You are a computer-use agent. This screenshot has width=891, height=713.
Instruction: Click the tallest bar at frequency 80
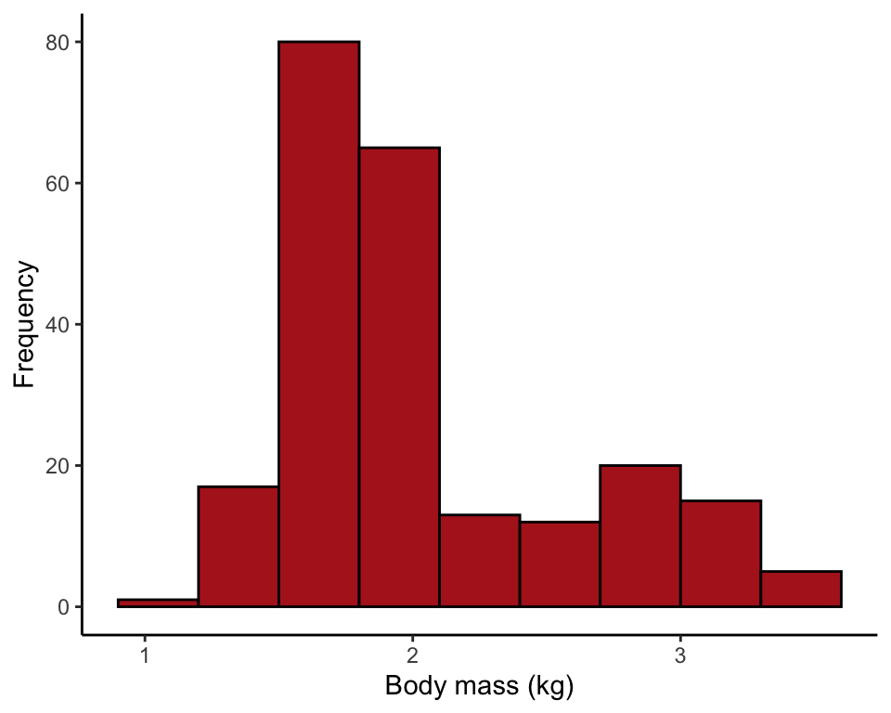318,324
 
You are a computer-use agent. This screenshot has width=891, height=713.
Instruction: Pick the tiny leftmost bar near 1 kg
158,603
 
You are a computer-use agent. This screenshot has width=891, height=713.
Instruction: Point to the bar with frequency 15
720,553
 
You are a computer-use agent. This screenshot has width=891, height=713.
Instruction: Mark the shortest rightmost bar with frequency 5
801,589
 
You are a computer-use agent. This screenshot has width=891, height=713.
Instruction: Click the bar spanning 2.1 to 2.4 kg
480,561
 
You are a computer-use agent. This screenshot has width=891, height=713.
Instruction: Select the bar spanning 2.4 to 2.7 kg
560,564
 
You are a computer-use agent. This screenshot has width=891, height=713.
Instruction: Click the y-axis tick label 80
58,43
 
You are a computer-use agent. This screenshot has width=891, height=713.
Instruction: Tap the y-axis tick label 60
58,184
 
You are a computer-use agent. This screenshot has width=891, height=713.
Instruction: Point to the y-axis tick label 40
58,325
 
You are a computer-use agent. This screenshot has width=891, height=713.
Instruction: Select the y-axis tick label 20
58,466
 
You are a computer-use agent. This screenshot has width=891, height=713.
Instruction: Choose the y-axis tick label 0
64,607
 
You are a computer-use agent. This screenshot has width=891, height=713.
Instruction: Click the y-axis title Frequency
25,324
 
